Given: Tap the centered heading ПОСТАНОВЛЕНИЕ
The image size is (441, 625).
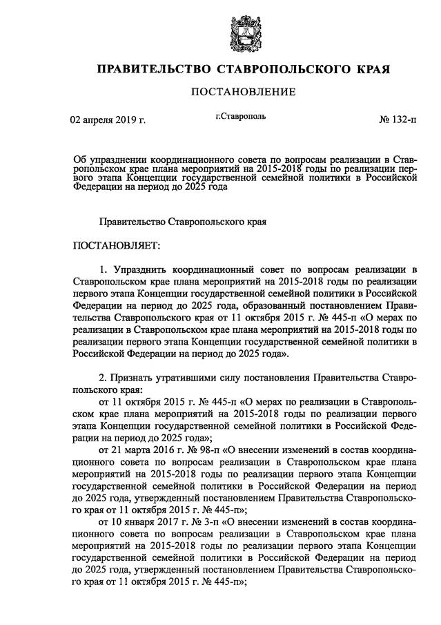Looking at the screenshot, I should coord(243,92).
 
